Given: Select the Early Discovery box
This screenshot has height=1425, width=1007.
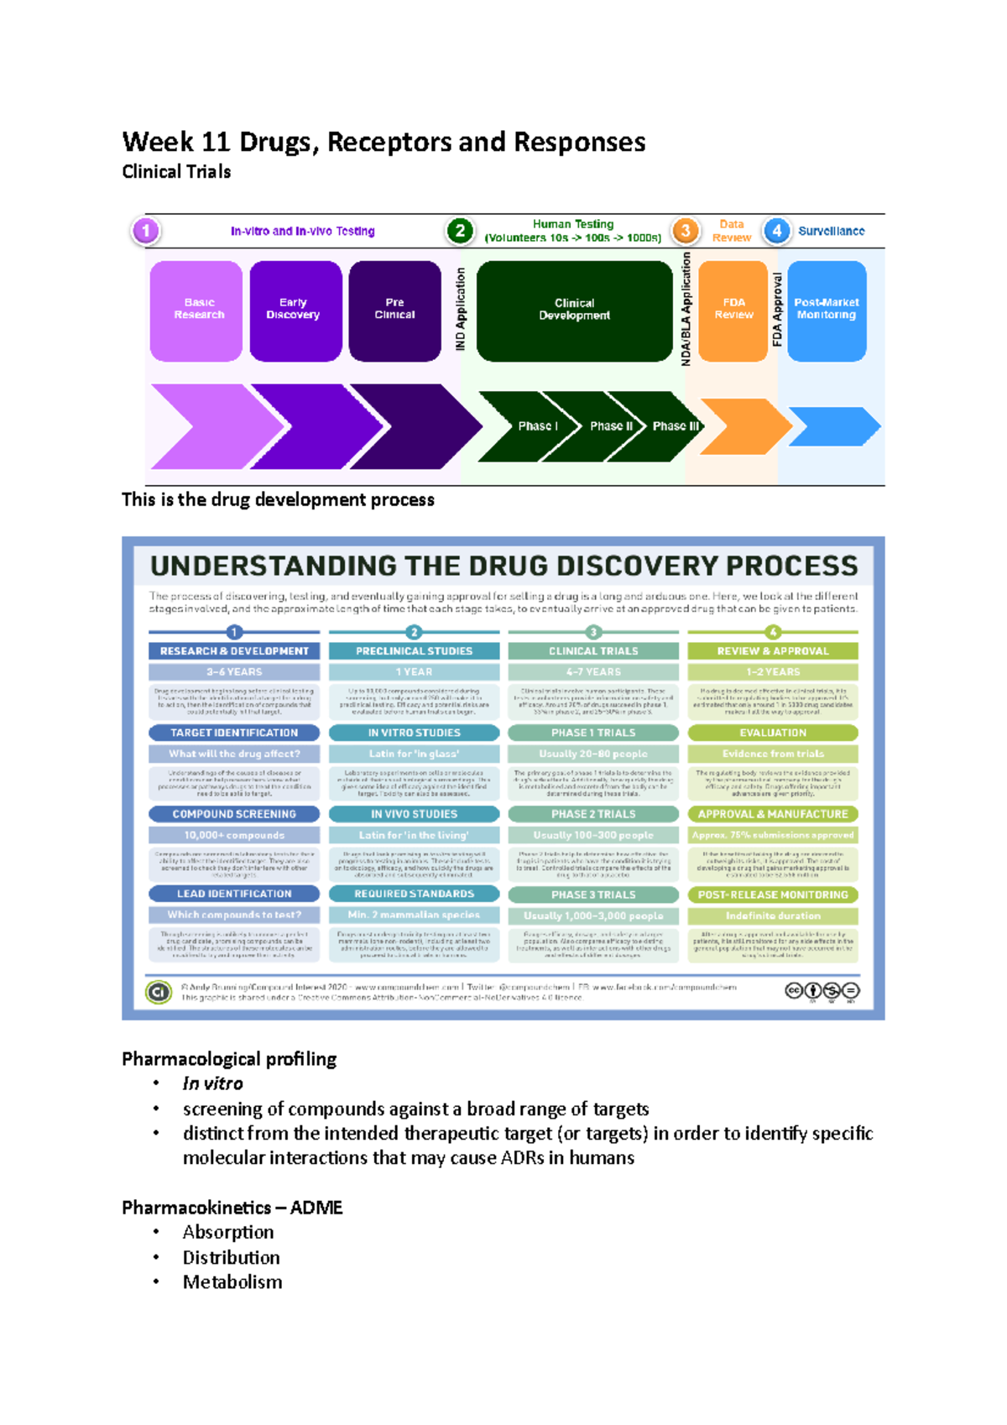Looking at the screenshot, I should [295, 311].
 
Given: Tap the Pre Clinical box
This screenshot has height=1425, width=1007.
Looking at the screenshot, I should [394, 311].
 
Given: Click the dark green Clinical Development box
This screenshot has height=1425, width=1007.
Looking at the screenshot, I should [574, 311].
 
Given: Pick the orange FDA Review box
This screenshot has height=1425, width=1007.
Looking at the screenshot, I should [733, 311].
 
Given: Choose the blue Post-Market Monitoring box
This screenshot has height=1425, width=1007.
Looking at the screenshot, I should [827, 311].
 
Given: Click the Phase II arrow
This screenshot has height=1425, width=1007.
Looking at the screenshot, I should [610, 426].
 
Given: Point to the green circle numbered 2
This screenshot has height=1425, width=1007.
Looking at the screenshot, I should [460, 230].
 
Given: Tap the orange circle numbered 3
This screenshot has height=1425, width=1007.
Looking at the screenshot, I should [686, 230].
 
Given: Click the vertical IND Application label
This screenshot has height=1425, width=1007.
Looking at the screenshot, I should [460, 309].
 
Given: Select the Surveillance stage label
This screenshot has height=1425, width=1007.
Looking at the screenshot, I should [831, 231].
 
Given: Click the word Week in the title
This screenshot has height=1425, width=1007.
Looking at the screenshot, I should [158, 142].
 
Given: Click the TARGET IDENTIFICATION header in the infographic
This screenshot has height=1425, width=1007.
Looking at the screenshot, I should [234, 733].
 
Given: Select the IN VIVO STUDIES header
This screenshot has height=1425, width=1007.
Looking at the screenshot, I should [414, 814].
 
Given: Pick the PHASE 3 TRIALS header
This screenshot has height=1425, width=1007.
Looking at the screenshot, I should [593, 895].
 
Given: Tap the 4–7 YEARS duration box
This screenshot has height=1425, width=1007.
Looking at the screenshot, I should [593, 672].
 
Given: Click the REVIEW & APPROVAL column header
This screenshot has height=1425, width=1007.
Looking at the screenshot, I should [772, 651].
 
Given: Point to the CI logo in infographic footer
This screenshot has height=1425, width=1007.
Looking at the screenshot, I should [159, 992].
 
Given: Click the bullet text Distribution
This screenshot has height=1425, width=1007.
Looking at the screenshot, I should [231, 1257].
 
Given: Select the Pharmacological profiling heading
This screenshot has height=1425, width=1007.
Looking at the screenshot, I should [229, 1059].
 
